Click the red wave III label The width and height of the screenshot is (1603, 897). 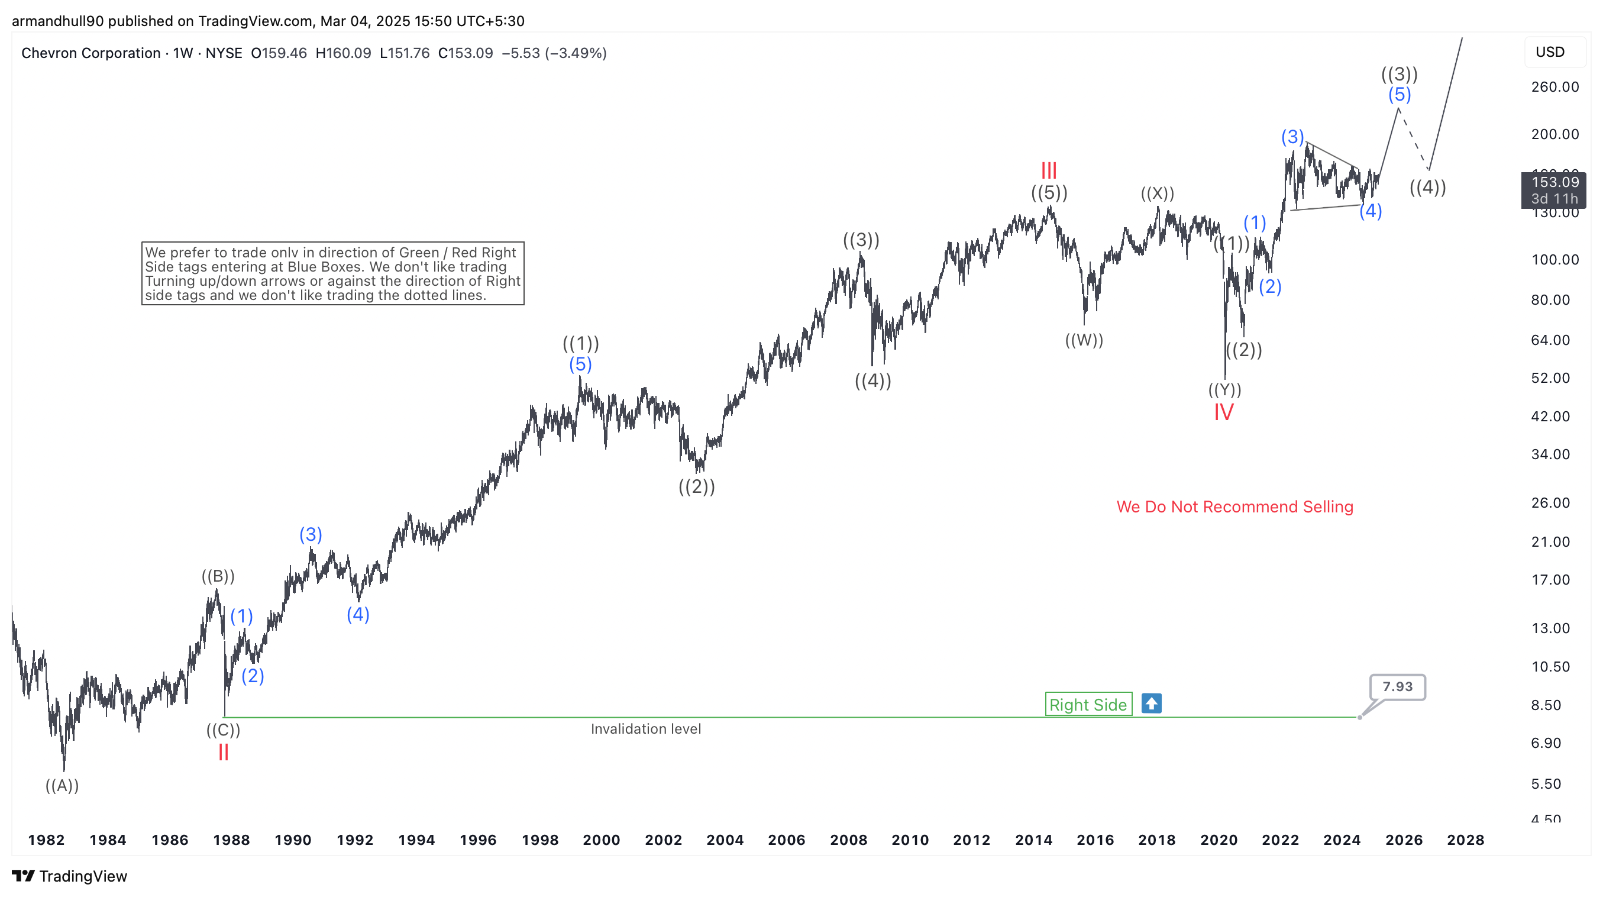[1049, 170]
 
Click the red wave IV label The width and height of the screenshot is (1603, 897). [1223, 412]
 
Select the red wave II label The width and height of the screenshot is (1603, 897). [224, 753]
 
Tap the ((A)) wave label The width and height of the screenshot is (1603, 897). [62, 786]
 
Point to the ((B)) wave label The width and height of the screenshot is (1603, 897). [218, 576]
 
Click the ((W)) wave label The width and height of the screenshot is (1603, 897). [1084, 340]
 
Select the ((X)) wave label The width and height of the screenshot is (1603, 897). [1158, 193]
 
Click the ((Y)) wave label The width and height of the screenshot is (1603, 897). [1224, 390]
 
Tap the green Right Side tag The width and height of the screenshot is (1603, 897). [1088, 705]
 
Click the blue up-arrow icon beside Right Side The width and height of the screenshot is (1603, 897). [1151, 704]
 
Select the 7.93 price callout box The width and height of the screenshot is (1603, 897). [1397, 686]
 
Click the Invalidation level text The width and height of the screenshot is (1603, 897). [645, 729]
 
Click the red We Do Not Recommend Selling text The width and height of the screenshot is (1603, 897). [1234, 506]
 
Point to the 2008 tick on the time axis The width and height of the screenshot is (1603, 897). [848, 840]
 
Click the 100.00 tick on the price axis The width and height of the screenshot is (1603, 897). [1554, 260]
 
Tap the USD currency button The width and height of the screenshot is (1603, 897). [1550, 52]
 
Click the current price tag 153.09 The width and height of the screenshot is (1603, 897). [1554, 182]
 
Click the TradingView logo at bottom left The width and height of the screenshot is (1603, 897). [69, 876]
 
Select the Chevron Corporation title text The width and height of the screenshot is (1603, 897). [91, 53]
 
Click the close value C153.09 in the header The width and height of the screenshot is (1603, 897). [465, 53]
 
